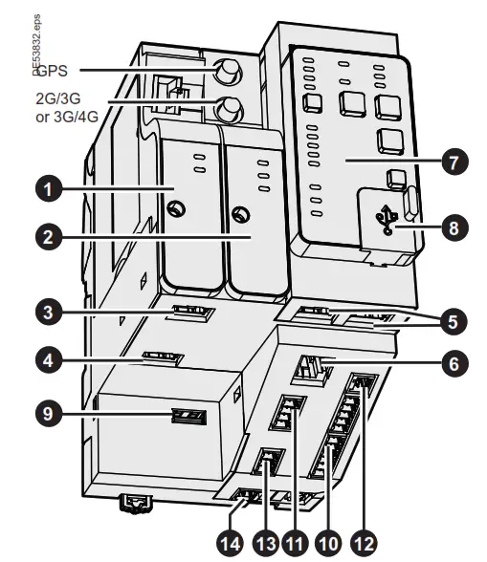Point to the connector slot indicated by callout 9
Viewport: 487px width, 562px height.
click(x=187, y=417)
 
